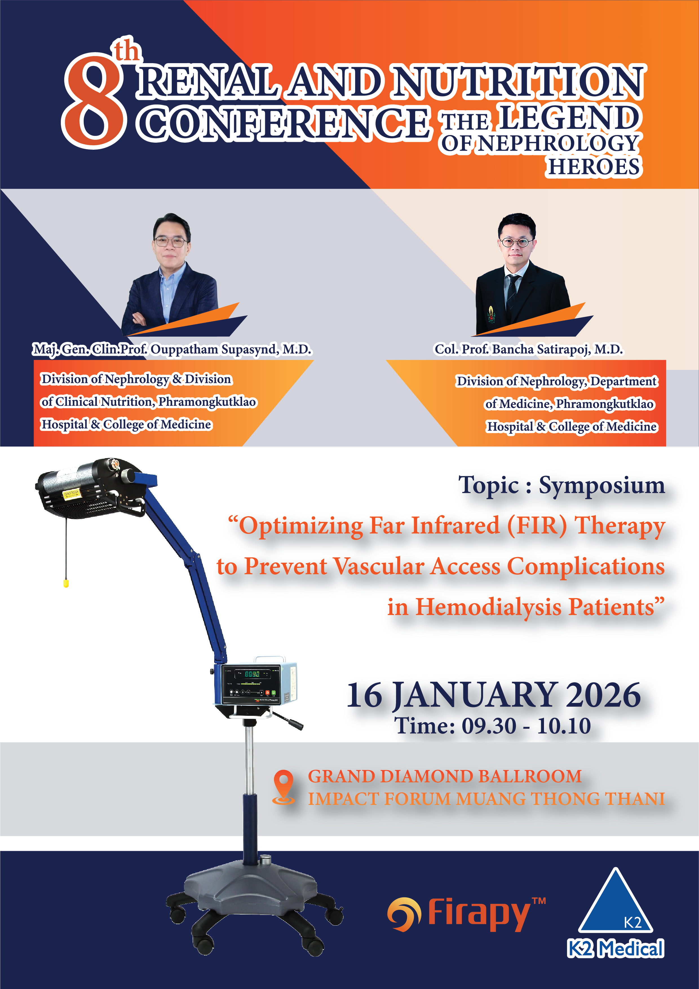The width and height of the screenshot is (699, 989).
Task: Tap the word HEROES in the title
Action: pyautogui.click(x=594, y=167)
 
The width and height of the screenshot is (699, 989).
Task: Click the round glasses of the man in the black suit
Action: pyautogui.click(x=516, y=242)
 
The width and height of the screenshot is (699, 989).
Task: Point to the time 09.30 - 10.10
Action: pyautogui.click(x=526, y=726)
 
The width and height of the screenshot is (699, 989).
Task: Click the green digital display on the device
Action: pyautogui.click(x=252, y=674)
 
